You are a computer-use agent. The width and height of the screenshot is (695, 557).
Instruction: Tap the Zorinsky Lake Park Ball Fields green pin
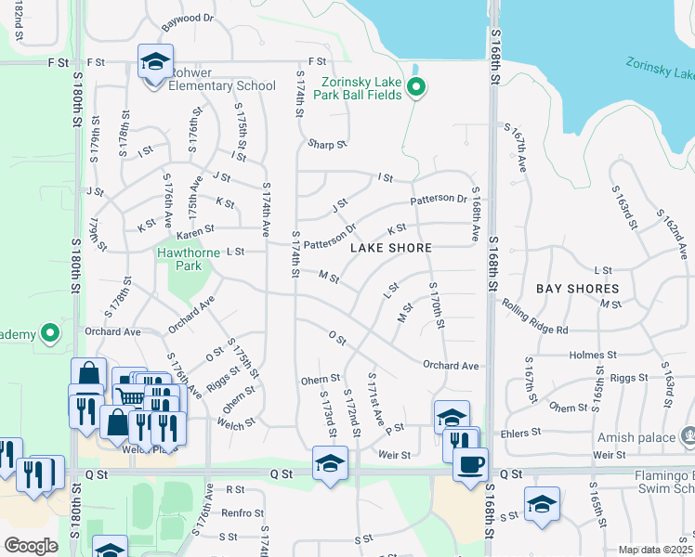tap(417, 89)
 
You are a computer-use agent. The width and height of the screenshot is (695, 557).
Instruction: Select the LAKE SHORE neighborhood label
tap(390, 248)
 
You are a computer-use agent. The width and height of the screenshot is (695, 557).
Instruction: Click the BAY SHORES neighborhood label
tap(578, 289)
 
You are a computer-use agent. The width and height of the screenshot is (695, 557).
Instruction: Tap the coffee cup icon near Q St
tap(470, 462)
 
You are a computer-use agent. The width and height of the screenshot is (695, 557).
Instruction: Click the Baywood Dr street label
tap(188, 18)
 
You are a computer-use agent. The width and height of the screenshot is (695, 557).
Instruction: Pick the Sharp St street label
tap(327, 145)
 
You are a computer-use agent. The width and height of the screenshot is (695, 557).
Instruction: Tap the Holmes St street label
tap(593, 355)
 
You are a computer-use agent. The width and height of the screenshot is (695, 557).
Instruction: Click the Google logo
tap(31, 546)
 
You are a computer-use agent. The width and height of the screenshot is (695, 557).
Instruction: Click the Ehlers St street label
tap(521, 433)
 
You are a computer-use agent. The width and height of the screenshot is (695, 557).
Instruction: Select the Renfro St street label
tap(243, 512)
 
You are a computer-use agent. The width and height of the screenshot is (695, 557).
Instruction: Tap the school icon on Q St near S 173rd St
tap(330, 462)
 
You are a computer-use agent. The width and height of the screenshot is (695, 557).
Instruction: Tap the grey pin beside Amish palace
tap(688, 434)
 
